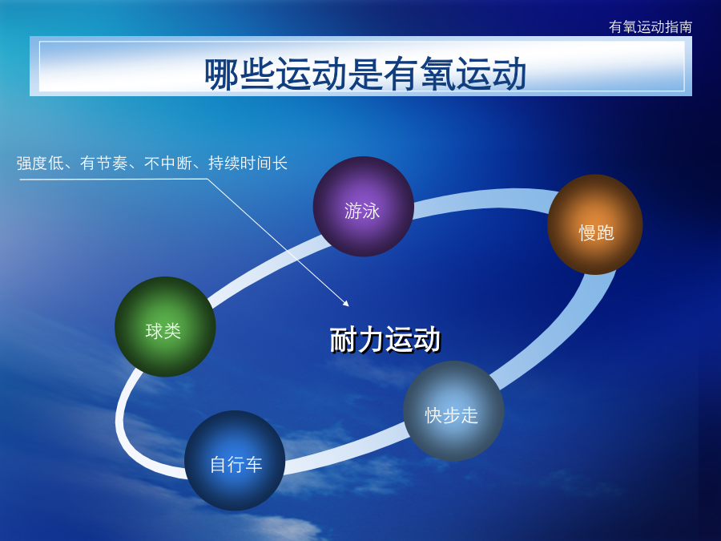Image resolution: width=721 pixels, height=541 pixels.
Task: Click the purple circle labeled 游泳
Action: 363,207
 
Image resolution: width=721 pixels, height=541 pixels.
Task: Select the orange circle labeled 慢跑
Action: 595,224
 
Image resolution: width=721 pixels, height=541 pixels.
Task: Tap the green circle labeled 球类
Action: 165,327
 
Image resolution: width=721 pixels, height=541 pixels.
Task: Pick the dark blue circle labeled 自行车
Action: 235,461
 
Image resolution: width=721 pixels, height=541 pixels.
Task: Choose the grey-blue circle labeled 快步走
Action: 453,411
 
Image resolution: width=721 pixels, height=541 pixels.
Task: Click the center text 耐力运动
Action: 385,340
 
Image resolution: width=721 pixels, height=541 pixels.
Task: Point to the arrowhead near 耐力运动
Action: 346,303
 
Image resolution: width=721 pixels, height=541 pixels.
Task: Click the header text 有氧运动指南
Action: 651,26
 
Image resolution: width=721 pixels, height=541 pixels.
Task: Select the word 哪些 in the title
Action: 240,74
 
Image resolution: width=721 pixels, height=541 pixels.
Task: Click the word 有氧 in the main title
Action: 419,74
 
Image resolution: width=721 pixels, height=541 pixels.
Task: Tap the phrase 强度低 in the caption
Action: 40,164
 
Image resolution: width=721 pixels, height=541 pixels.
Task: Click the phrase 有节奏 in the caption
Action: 104,164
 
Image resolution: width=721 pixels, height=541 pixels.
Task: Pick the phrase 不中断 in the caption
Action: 168,164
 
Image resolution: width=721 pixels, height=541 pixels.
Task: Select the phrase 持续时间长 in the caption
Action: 248,164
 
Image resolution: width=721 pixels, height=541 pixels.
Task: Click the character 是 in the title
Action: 365,74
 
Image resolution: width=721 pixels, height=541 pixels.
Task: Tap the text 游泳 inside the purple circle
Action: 362,211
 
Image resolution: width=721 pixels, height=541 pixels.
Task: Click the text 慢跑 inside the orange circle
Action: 596,232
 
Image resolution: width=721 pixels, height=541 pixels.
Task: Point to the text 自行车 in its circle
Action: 236,465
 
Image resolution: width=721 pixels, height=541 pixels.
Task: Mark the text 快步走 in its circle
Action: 452,415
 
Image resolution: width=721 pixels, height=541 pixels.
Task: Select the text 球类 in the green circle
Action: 163,331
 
